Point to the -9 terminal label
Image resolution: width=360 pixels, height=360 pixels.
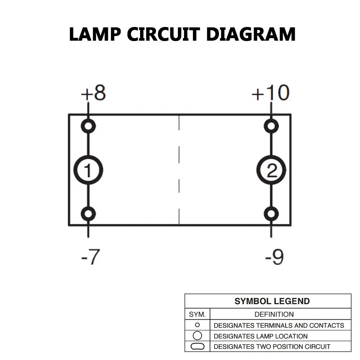(x=274, y=257)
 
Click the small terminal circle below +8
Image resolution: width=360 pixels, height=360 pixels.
(x=88, y=126)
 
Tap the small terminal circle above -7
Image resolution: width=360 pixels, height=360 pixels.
(x=88, y=214)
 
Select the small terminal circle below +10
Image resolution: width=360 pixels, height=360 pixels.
(x=271, y=126)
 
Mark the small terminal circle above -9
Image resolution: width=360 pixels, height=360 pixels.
(x=271, y=214)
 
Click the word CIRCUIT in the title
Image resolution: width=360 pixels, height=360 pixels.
(x=163, y=35)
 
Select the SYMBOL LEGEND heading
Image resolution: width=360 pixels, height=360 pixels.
(x=272, y=301)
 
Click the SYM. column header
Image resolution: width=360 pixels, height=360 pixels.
(x=197, y=314)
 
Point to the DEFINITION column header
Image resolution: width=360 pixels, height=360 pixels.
(x=274, y=314)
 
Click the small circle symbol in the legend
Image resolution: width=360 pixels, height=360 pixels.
(x=197, y=325)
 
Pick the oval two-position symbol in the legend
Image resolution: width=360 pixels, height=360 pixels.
(x=197, y=347)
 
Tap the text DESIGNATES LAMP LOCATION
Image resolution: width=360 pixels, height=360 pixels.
(x=261, y=336)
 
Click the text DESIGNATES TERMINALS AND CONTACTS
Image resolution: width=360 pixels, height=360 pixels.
(x=279, y=325)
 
